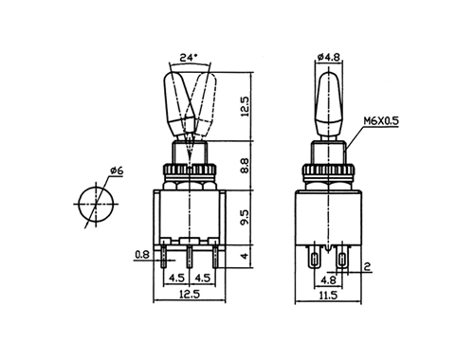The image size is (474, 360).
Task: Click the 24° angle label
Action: click(189, 58)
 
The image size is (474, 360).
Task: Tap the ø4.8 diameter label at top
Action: click(328, 57)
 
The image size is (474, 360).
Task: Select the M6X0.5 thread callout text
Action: click(381, 121)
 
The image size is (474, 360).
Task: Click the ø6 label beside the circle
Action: click(117, 171)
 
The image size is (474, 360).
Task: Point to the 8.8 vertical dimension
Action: click(245, 166)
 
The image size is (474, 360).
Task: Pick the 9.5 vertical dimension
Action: click(245, 217)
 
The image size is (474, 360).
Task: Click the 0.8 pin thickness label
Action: click(142, 255)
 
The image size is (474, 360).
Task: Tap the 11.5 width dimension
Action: click(328, 296)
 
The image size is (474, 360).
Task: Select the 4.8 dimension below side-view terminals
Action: click(328, 280)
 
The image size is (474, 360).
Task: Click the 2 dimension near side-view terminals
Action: click(367, 267)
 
